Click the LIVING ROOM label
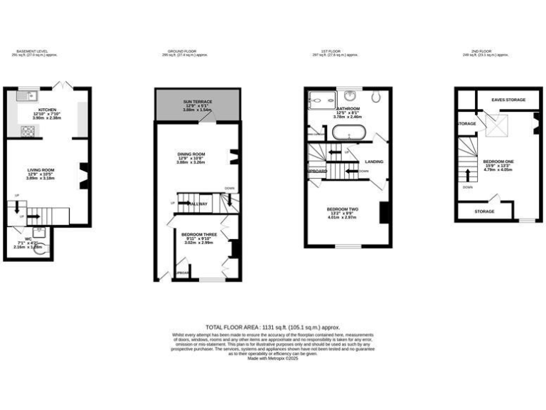tap(41, 169)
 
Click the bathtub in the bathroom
tap(348, 132)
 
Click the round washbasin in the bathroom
tap(350, 95)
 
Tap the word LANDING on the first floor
tap(373, 162)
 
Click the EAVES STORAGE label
tap(508, 100)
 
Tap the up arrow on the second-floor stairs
tap(468, 175)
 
